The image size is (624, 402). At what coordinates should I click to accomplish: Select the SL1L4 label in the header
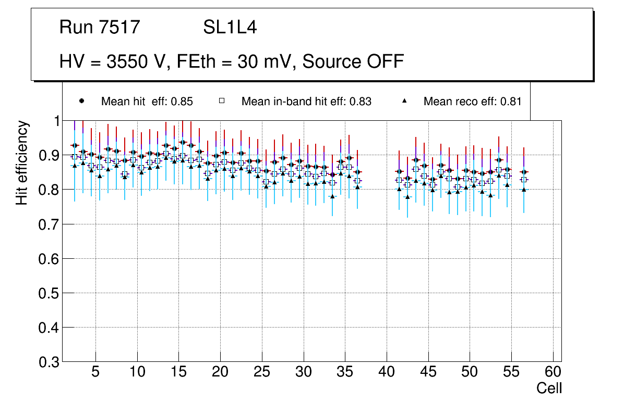click(230, 28)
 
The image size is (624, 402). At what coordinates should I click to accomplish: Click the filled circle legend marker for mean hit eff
click(81, 101)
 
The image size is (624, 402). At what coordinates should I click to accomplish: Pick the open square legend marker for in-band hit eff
click(221, 101)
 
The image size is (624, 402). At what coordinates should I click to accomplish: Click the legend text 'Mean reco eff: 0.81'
click(472, 102)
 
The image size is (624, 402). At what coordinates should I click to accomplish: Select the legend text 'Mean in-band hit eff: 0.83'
click(306, 102)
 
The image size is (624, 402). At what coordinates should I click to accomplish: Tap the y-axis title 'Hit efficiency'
click(22, 162)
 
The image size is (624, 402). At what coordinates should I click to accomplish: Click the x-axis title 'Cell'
click(549, 388)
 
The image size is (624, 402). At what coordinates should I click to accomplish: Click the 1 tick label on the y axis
click(53, 121)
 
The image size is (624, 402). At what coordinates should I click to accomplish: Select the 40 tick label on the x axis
click(387, 372)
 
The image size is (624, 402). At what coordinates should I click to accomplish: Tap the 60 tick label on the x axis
click(553, 372)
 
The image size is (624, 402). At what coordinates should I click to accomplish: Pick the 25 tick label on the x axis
click(262, 372)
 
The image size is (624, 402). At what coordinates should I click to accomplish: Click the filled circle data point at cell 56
click(524, 172)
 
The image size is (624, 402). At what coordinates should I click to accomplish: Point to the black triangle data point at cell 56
click(524, 190)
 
